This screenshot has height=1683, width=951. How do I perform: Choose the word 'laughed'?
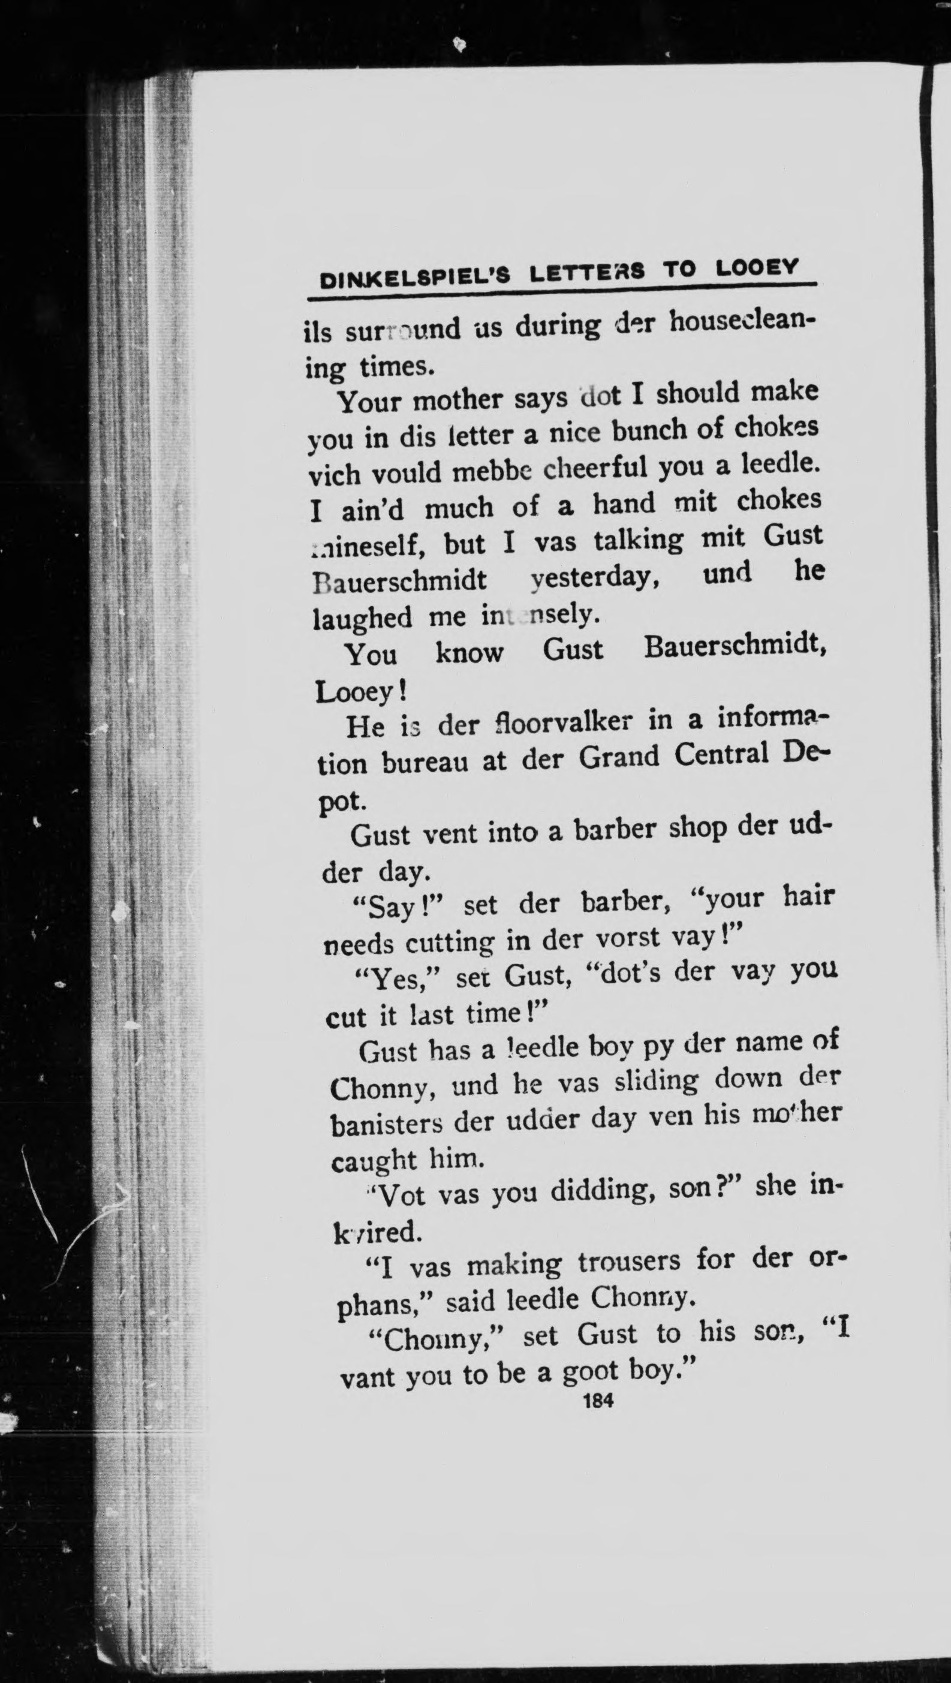(x=362, y=617)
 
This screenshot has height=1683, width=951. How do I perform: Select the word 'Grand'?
(x=619, y=758)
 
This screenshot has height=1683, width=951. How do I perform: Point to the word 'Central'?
(x=721, y=755)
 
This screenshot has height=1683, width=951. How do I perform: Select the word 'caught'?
(x=373, y=1160)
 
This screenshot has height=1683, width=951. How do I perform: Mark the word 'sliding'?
(x=656, y=1080)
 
